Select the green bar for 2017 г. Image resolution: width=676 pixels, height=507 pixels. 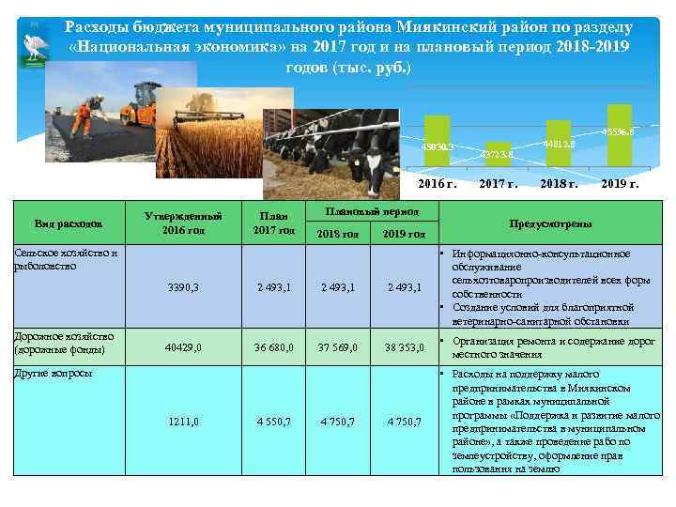click(x=498, y=155)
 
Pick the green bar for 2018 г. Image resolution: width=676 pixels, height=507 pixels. click(x=558, y=143)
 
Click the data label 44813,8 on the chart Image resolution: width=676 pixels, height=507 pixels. click(x=560, y=144)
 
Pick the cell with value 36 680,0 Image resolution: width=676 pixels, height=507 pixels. click(x=274, y=347)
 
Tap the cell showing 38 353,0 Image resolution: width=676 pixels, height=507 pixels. click(x=406, y=347)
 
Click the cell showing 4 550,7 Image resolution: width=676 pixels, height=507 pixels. click(x=274, y=422)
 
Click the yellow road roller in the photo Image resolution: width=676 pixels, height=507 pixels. click(x=139, y=105)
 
